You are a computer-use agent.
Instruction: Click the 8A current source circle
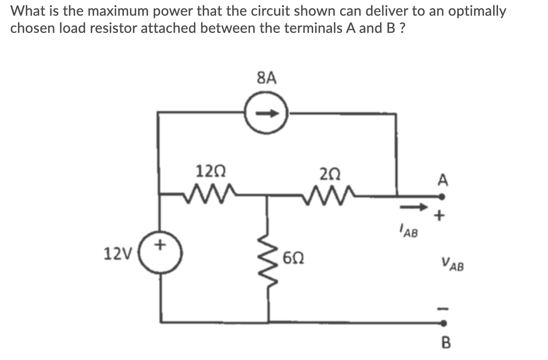pos(267,112)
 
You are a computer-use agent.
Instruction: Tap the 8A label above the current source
pos(267,78)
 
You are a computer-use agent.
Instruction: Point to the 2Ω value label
pos(330,174)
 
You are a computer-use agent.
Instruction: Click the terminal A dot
pos(442,196)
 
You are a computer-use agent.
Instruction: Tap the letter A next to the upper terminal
pos(443,180)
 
